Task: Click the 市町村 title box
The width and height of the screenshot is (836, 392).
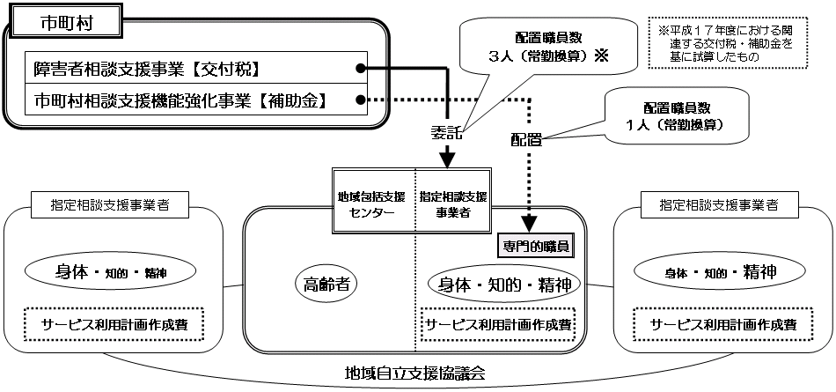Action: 64,23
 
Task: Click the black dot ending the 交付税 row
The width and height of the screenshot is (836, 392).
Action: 361,68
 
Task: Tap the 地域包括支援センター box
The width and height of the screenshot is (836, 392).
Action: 373,202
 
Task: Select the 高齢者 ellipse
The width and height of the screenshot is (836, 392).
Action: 327,284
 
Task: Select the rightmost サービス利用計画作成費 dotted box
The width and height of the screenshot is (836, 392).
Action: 722,323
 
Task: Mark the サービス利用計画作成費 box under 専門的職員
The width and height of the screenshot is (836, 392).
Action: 497,323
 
